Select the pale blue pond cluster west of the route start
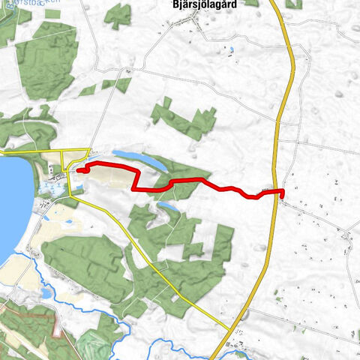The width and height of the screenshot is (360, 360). pos(49,187)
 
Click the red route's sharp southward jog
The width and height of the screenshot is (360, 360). pos(135,180)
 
